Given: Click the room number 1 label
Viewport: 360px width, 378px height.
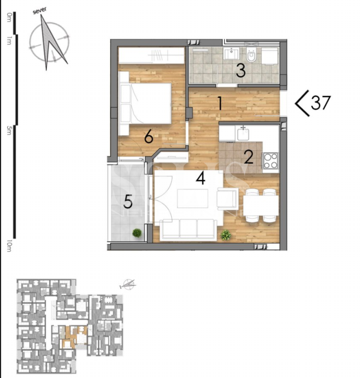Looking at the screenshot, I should point(220,104).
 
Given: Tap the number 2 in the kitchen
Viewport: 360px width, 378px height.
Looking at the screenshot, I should point(249,157).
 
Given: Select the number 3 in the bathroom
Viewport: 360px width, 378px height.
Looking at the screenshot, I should point(240,71).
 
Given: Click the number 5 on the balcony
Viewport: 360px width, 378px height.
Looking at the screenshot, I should point(127,201).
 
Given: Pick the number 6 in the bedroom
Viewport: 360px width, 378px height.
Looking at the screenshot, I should point(148,137).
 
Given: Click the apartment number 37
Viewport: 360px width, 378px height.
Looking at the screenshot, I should point(320,103).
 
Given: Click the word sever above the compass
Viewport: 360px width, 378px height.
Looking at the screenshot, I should point(40,12).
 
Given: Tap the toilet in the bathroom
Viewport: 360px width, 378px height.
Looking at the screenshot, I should point(251,55).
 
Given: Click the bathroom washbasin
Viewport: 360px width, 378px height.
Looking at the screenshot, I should point(231,53).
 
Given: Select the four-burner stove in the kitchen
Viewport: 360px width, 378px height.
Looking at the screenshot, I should point(271,160).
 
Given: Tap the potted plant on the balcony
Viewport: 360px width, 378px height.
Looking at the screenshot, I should point(137,233).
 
